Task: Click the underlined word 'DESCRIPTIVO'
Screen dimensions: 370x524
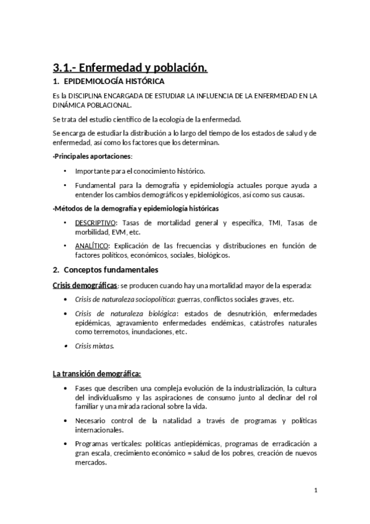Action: coord(96,222)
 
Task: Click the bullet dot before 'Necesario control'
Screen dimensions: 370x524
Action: coord(65,421)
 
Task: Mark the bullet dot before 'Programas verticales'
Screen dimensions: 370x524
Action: coord(65,444)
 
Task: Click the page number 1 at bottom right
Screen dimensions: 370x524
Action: coord(316,491)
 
